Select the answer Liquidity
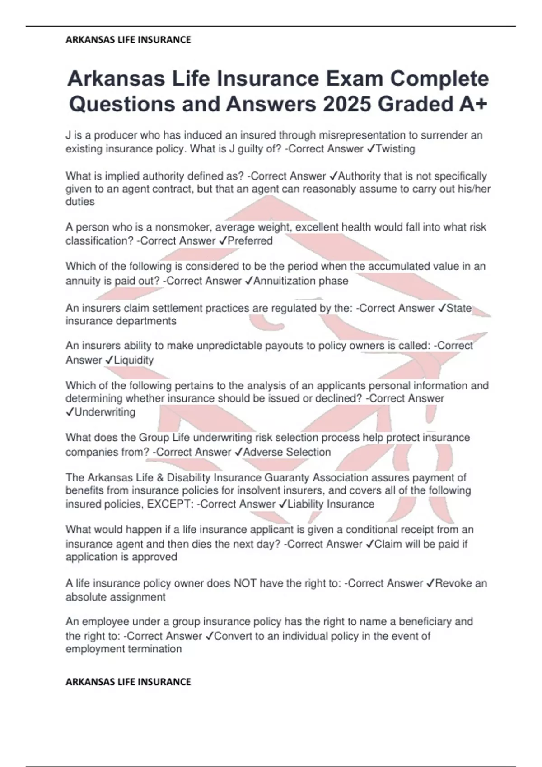(134, 360)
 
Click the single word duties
(80, 202)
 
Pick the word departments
(146, 321)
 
